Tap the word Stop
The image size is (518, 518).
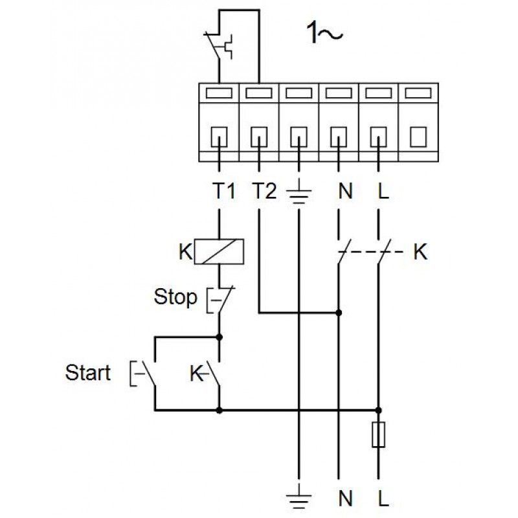pyautogui.click(x=175, y=298)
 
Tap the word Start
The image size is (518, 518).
pyautogui.click(x=88, y=373)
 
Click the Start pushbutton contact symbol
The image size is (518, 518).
pyautogui.click(x=147, y=373)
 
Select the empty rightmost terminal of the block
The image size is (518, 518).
pyautogui.click(x=418, y=136)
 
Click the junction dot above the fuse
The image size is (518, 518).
pyautogui.click(x=378, y=409)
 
